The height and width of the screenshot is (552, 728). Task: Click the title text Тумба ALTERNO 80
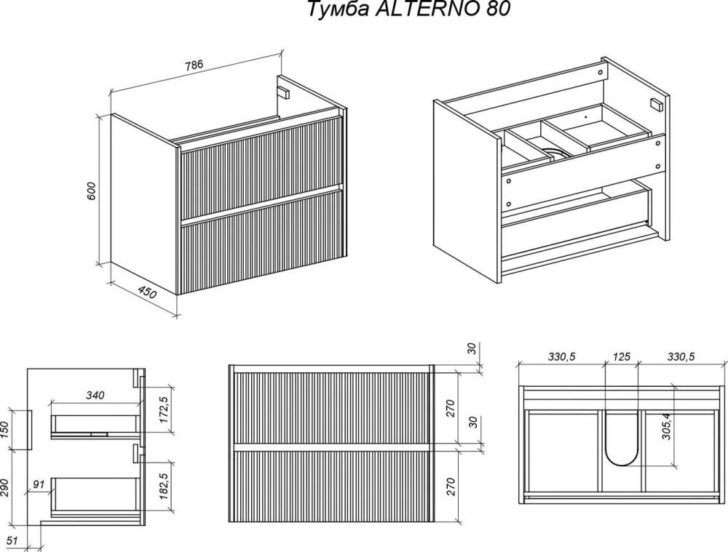409,8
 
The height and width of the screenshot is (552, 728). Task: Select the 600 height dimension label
91,191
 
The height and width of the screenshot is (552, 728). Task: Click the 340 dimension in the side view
95,395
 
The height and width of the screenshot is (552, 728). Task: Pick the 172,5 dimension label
163,409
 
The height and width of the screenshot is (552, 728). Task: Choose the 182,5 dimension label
163,487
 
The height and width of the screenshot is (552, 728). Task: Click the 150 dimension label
4,430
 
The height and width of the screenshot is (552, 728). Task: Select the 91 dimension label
38,484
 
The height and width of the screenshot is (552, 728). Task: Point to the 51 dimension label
13,540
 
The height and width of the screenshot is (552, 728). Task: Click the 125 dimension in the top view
621,356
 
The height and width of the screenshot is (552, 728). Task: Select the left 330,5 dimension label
562,356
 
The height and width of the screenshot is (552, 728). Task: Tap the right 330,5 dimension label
681,356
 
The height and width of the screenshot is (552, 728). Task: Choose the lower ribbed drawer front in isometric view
262,241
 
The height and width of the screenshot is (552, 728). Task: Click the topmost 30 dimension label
472,349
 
